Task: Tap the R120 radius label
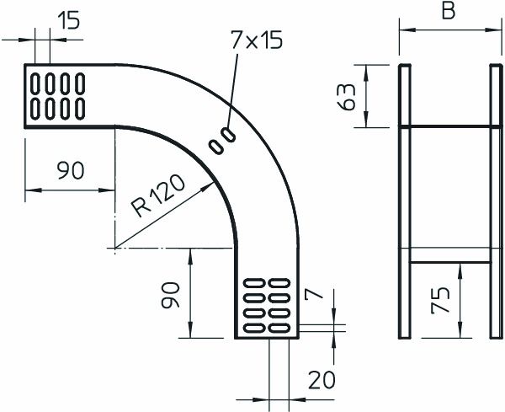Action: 161,199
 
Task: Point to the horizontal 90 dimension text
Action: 69,171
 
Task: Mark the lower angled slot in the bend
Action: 217,146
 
